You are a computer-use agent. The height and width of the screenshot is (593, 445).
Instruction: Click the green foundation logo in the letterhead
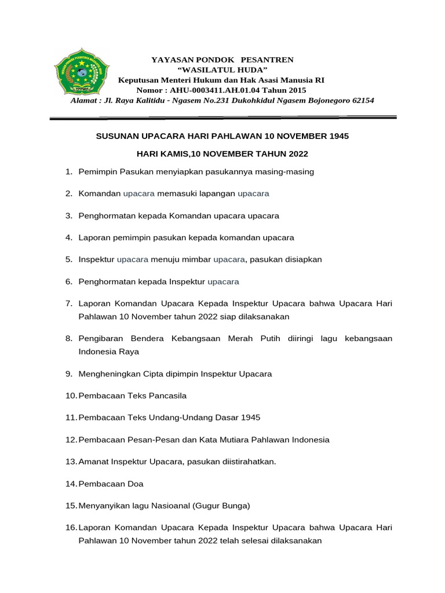pyautogui.click(x=78, y=74)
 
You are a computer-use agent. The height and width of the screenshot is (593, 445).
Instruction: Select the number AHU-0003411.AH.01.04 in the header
pyautogui.click(x=212, y=90)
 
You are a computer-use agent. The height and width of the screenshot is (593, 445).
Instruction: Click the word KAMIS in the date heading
pyautogui.click(x=170, y=154)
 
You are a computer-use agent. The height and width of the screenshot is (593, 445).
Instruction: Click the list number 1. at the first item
pyautogui.click(x=68, y=172)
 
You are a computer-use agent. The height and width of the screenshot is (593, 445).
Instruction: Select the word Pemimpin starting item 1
pyautogui.click(x=97, y=172)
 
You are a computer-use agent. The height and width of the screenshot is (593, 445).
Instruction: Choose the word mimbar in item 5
pyautogui.click(x=198, y=259)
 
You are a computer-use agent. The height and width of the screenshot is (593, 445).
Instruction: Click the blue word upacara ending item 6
pyautogui.click(x=223, y=281)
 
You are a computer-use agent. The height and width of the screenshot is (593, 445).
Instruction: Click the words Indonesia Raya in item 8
pyautogui.click(x=109, y=352)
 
